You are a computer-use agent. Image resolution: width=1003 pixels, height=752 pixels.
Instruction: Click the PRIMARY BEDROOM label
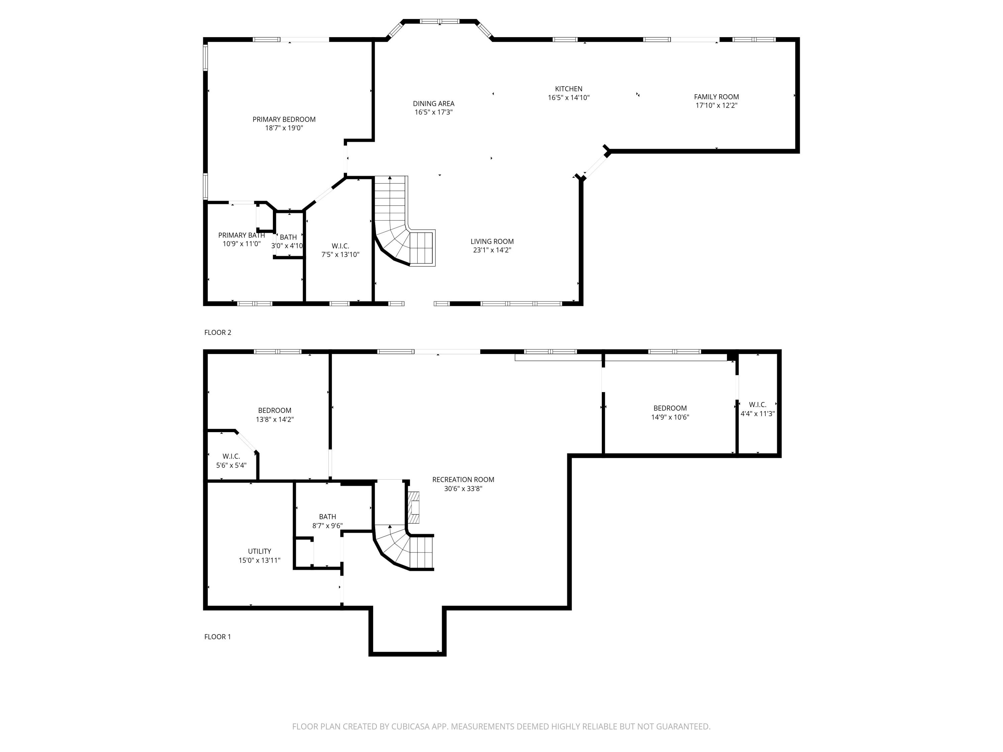coord(284,119)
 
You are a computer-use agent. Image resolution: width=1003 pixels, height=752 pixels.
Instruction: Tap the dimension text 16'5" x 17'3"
coord(434,112)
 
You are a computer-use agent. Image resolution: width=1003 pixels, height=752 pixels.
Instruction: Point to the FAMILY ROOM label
coord(716,97)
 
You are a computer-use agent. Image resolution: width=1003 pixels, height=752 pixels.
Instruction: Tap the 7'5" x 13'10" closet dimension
coord(340,255)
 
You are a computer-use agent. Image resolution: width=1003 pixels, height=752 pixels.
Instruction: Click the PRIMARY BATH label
coord(241,235)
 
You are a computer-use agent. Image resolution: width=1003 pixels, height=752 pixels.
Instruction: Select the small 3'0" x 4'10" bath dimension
coord(287,246)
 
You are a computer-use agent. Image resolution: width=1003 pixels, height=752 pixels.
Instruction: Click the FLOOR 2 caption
coord(218,332)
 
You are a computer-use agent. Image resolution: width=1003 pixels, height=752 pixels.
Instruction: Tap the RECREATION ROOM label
coord(463,480)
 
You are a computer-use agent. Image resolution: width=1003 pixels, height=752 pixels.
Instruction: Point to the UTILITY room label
coord(259,551)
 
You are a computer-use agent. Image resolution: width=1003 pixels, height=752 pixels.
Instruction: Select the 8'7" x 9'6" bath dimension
coord(327,526)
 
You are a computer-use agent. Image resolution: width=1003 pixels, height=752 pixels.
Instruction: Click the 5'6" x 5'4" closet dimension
coord(231,465)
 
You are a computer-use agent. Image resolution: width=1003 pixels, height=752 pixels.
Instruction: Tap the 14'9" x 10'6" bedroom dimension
coord(670,417)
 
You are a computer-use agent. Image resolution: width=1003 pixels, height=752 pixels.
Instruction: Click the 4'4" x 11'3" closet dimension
coord(757,414)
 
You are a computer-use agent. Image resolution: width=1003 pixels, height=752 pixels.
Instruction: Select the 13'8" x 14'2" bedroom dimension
coord(274,420)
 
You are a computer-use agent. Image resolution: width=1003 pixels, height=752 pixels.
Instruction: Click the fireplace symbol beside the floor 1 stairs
coord(413,507)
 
